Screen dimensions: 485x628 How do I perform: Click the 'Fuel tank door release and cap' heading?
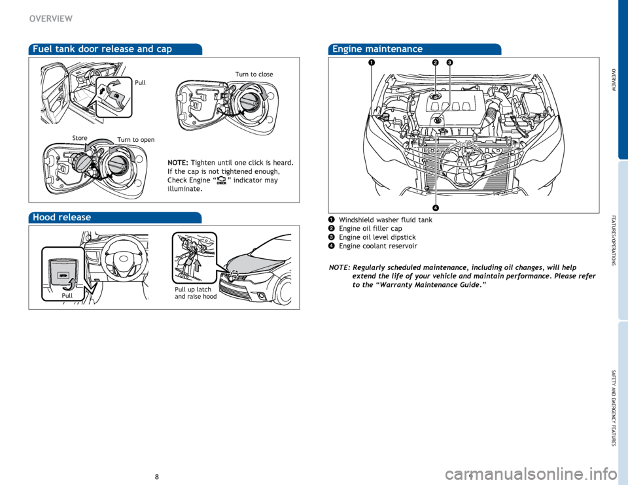point(101,48)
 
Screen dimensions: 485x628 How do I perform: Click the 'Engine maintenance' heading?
point(377,49)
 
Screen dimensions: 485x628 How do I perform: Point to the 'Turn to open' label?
point(137,140)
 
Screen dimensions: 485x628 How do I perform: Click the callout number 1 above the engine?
point(370,63)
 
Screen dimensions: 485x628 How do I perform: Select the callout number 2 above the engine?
point(434,63)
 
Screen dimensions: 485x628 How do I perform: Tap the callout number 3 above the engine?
point(450,63)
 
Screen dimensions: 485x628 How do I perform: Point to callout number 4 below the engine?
point(434,208)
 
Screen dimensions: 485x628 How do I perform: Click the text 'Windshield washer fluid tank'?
point(385,220)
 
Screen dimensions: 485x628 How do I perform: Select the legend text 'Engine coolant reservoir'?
point(378,246)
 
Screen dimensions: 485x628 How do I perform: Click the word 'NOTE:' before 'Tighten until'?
point(179,162)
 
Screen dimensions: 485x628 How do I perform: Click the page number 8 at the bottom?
point(157,477)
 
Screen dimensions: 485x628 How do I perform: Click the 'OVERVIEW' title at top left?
point(50,18)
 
